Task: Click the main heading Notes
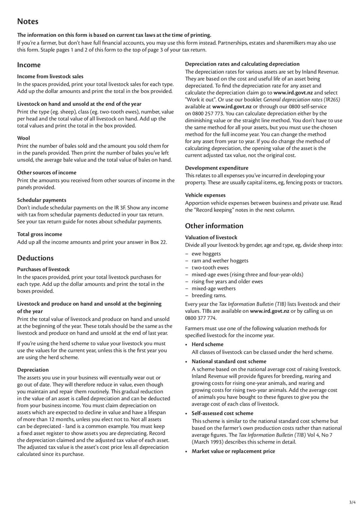[27, 22]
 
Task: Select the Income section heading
[29, 65]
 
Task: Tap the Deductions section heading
[35, 258]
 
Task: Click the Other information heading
[214, 226]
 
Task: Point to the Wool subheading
[23, 138]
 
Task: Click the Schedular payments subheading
[41, 200]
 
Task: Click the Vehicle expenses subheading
[205, 195]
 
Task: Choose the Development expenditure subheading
[216, 168]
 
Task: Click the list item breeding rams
[209, 295]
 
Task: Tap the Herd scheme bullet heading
[207, 344]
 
